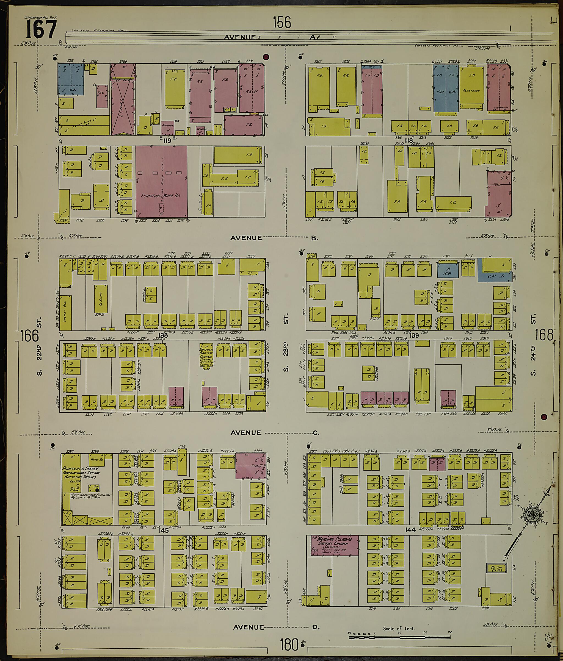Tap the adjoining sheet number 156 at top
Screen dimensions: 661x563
282,23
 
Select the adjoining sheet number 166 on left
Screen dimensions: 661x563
29,336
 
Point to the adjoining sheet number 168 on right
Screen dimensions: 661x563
544,335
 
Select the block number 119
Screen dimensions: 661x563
167,141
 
